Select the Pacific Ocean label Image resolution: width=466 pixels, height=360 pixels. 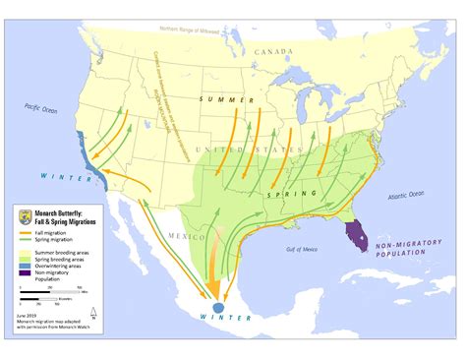(43, 114)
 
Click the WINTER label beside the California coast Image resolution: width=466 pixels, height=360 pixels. (64, 177)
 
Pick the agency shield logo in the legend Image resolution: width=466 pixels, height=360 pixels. (29, 218)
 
